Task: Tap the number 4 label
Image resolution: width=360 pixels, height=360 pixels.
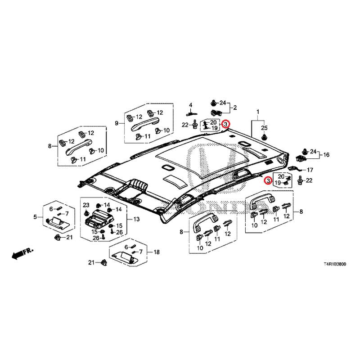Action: [x=190, y=105]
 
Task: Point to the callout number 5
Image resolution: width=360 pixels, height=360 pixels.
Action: [x=35, y=218]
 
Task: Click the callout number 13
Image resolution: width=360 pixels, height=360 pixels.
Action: [x=136, y=219]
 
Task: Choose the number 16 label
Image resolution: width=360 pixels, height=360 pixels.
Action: [x=326, y=155]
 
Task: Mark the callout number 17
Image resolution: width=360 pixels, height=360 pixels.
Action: [x=310, y=170]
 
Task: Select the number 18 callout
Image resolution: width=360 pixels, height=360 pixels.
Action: [x=157, y=253]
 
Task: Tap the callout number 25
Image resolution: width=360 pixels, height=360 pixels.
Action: [x=264, y=127]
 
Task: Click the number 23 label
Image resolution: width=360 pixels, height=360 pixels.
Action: [x=86, y=205]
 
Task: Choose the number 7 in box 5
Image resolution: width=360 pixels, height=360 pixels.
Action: [x=67, y=213]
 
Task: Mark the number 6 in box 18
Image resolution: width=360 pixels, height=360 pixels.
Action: [x=126, y=247]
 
